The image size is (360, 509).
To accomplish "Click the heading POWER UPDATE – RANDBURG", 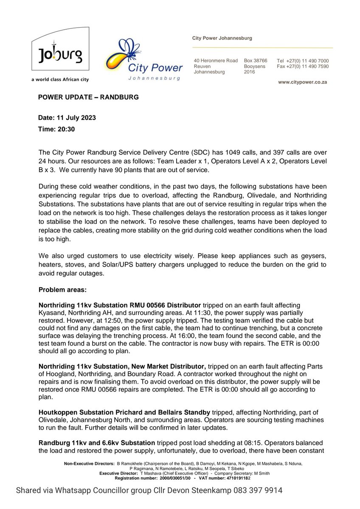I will pos(88,97).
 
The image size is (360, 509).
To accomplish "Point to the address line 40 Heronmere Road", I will pos(216,61).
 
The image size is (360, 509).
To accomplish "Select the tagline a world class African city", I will pos(60,79).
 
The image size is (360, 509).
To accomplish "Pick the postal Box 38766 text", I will pos(256,61).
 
